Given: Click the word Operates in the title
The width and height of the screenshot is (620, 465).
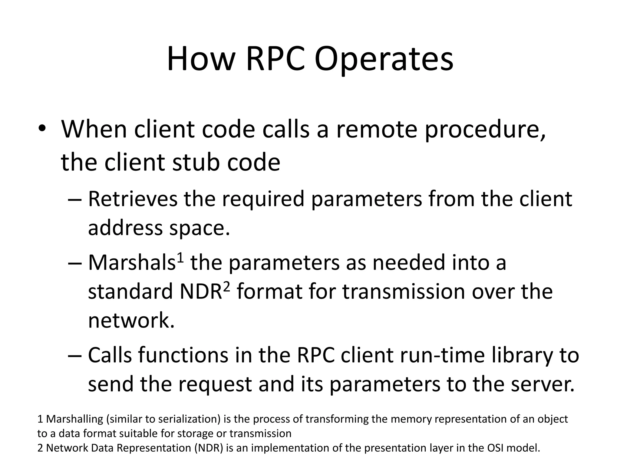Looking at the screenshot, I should [384, 59].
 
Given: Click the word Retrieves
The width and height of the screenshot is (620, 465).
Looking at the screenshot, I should [133, 199].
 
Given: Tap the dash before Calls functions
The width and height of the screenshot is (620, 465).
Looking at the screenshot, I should [75, 355].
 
